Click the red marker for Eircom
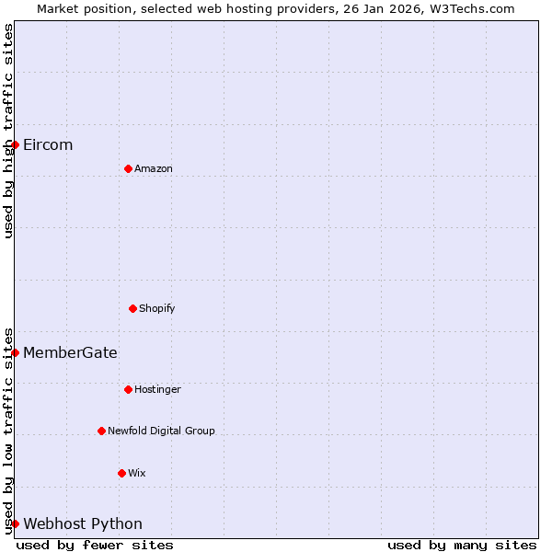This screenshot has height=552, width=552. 15,144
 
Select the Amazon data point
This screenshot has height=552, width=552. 128,168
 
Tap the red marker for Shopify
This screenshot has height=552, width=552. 132,308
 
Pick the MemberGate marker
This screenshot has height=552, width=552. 15,352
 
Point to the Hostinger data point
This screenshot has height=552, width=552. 128,389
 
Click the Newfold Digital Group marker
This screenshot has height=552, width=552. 101,431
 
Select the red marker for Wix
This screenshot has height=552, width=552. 121,473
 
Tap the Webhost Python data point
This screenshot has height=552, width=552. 15,523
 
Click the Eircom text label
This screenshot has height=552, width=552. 48,145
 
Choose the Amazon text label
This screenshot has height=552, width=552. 154,169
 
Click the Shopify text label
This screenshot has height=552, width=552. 157,309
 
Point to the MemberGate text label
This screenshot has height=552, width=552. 70,353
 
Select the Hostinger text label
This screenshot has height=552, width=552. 158,390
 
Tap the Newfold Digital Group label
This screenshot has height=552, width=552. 161,431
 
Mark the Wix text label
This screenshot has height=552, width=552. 137,474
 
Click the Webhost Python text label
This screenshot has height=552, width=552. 83,524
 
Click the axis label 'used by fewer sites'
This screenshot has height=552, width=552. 95,545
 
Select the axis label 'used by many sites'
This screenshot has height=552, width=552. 462,545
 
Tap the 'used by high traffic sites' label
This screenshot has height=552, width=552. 8,131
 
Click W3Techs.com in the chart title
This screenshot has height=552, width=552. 476,8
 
